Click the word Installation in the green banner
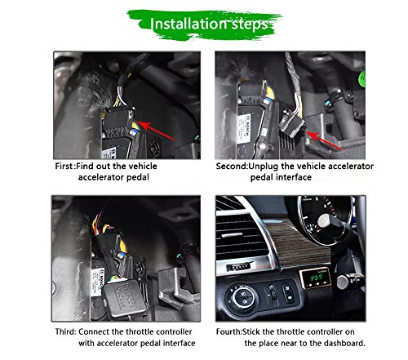(188, 24)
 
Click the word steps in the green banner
(250, 25)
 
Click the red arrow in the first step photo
(156, 131)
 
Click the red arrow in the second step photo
(325, 141)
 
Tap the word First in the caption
(64, 166)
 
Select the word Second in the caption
(231, 166)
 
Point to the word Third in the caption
(65, 331)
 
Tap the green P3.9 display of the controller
(317, 278)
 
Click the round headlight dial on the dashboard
(244, 297)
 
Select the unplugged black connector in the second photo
(292, 123)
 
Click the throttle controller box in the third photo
(124, 299)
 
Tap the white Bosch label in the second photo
(244, 128)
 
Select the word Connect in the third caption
(94, 331)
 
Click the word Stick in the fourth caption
(251, 331)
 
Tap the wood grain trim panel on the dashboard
(296, 245)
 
